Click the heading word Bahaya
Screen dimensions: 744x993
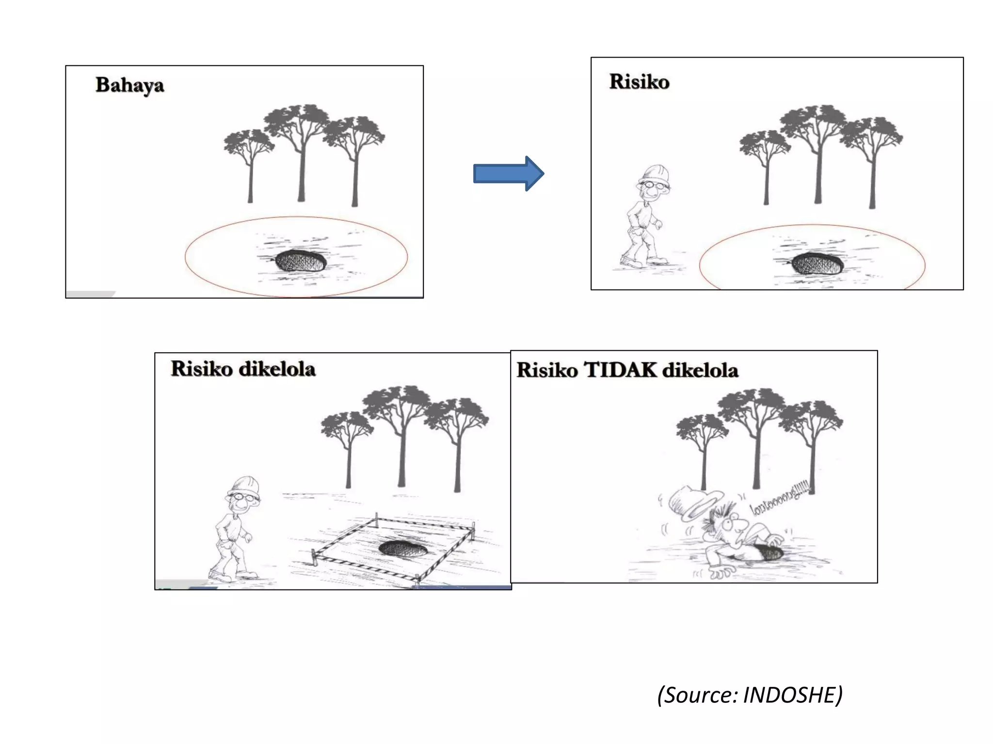tap(129, 85)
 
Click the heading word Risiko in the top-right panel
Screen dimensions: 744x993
tap(639, 82)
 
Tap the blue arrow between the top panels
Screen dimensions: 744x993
tap(508, 173)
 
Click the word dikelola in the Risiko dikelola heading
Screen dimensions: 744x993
tap(277, 369)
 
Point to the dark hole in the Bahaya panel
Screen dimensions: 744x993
tap(300, 261)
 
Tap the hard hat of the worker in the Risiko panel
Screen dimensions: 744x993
tap(655, 174)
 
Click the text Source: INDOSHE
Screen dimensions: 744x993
tap(750, 695)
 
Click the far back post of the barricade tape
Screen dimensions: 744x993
tap(376, 518)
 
